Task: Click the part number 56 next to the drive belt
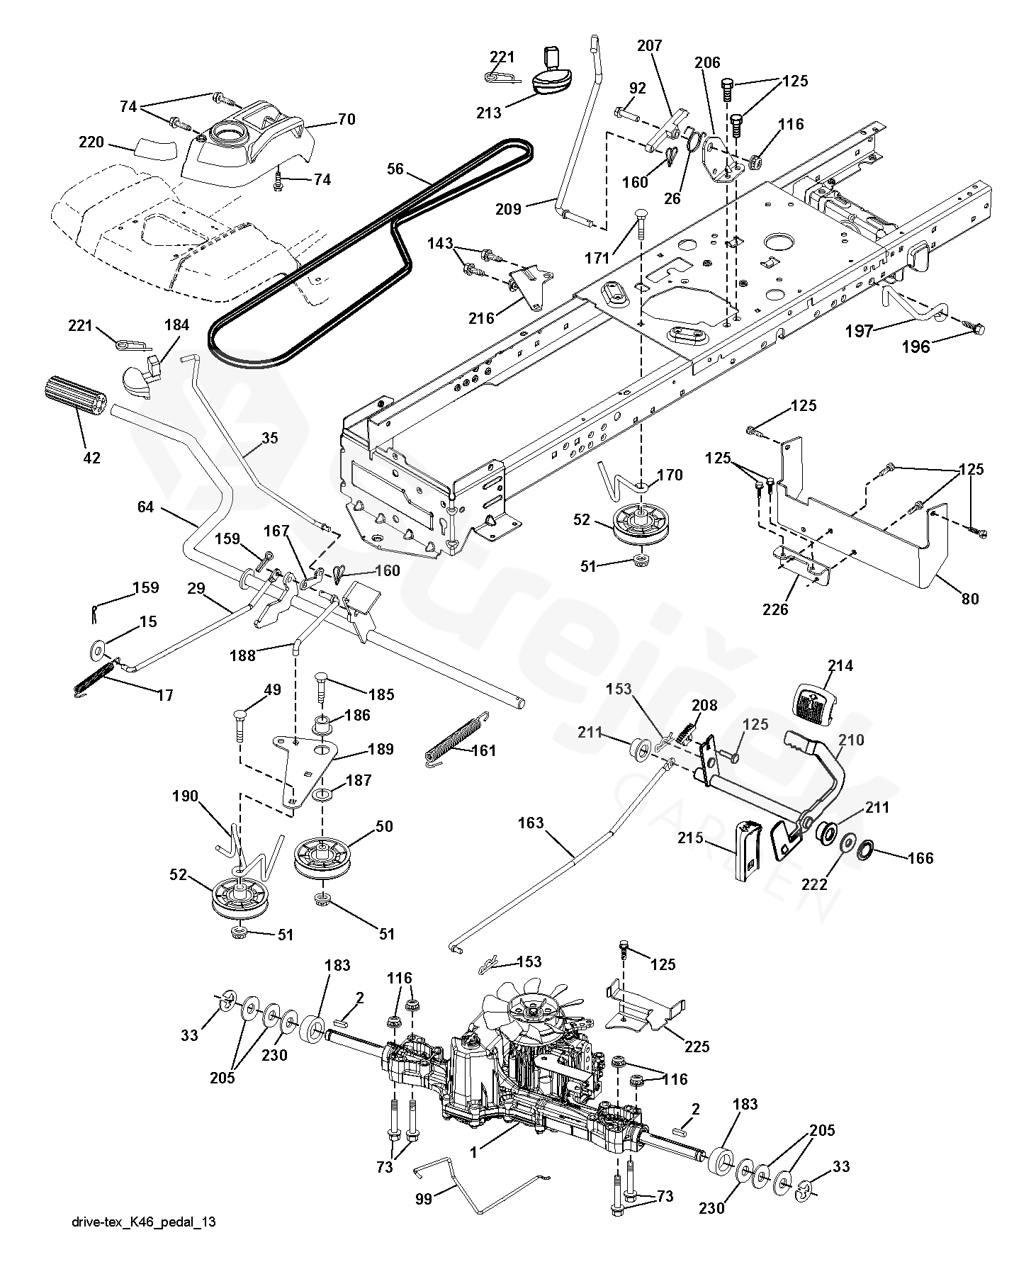[395, 169]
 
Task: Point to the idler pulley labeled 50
[322, 858]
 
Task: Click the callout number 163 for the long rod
[531, 823]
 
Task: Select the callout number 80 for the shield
[970, 599]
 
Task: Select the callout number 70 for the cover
[347, 119]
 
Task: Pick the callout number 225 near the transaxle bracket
[697, 1047]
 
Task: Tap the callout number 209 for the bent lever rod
[508, 209]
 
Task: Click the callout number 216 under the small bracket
[482, 318]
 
